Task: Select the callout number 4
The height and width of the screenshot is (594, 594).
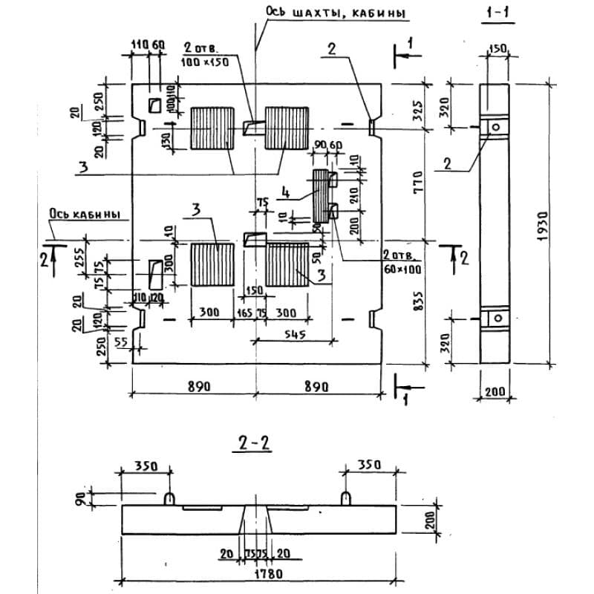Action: [x=285, y=192]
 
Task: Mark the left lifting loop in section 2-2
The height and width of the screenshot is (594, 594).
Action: [x=169, y=496]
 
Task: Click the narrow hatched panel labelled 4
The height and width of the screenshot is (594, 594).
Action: [x=320, y=195]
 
